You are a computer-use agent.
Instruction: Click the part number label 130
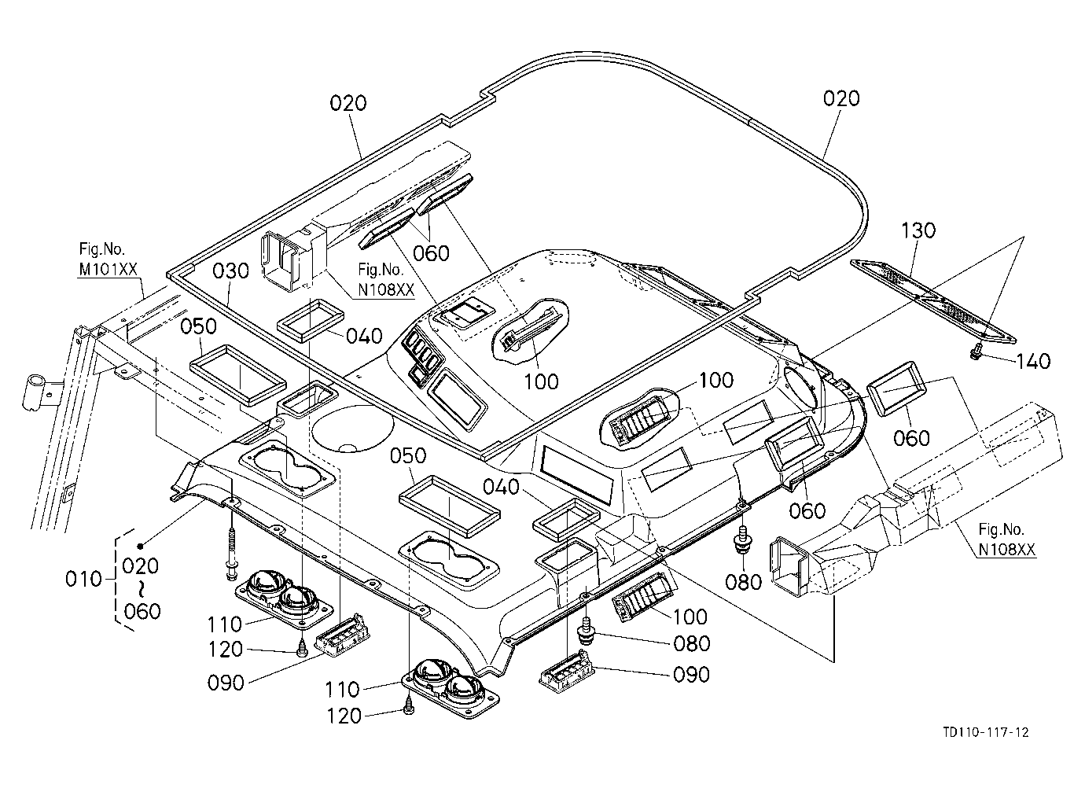918,230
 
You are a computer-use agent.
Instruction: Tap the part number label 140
1033,362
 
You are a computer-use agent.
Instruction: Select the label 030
230,271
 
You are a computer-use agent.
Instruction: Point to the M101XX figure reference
108,270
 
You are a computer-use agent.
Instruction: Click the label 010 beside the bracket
83,579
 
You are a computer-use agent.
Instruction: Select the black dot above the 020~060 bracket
141,546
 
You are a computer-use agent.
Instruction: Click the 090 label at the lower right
691,675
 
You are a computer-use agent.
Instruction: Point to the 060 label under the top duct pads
431,253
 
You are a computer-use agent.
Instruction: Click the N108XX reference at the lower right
1006,549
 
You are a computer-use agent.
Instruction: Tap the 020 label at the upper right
841,99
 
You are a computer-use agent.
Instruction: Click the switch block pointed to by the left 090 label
340,640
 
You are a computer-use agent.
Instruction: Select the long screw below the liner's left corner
232,553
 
